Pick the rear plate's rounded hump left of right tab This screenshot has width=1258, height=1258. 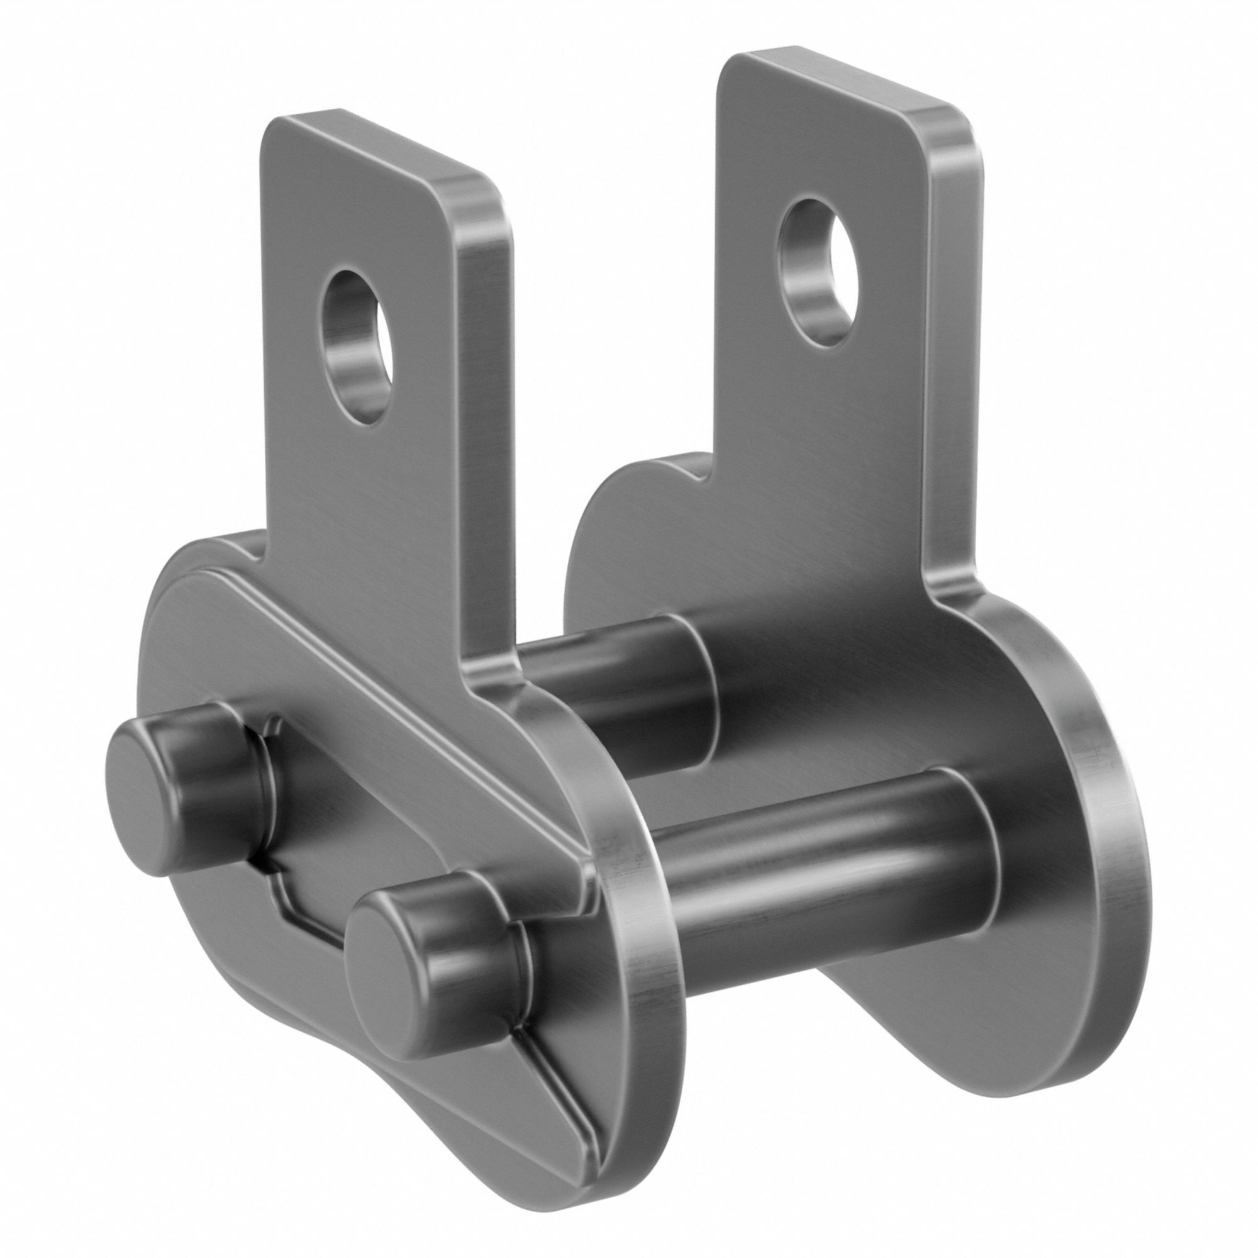(x=625, y=495)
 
